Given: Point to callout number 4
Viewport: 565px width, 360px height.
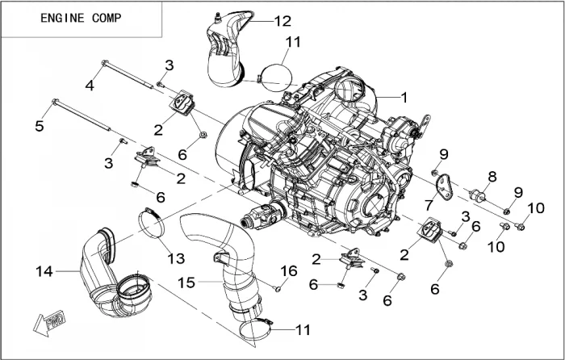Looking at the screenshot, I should point(90,84).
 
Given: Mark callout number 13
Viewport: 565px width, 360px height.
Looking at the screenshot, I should point(176,258).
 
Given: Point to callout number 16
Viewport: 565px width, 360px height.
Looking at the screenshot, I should point(288,269).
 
